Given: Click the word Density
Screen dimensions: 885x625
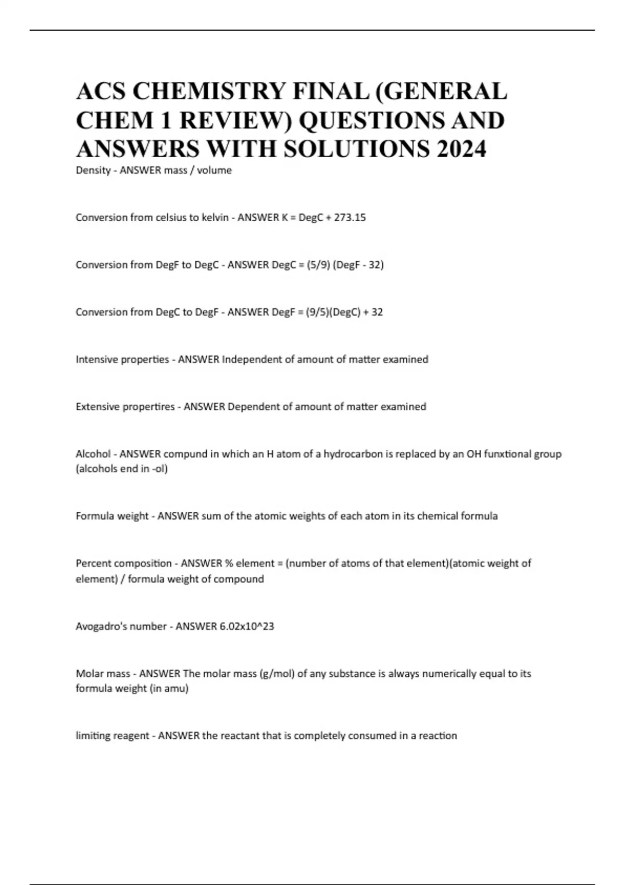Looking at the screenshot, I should [93, 170].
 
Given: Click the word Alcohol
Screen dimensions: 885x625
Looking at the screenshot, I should [93, 454].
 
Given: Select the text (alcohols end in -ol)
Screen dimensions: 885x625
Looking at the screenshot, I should [122, 469].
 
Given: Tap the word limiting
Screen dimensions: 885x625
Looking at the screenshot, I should [92, 736].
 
